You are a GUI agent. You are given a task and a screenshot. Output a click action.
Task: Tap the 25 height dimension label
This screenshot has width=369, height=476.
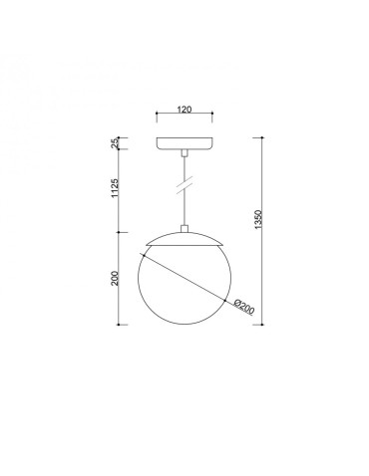116,143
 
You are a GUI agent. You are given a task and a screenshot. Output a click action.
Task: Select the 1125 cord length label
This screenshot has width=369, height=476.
116,189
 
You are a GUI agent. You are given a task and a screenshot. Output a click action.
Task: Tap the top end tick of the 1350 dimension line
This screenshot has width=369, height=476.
262,134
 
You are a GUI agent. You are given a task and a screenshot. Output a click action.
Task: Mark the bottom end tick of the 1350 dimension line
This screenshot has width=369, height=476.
262,325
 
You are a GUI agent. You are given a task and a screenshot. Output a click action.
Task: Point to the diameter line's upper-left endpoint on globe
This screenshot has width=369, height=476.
146,254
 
